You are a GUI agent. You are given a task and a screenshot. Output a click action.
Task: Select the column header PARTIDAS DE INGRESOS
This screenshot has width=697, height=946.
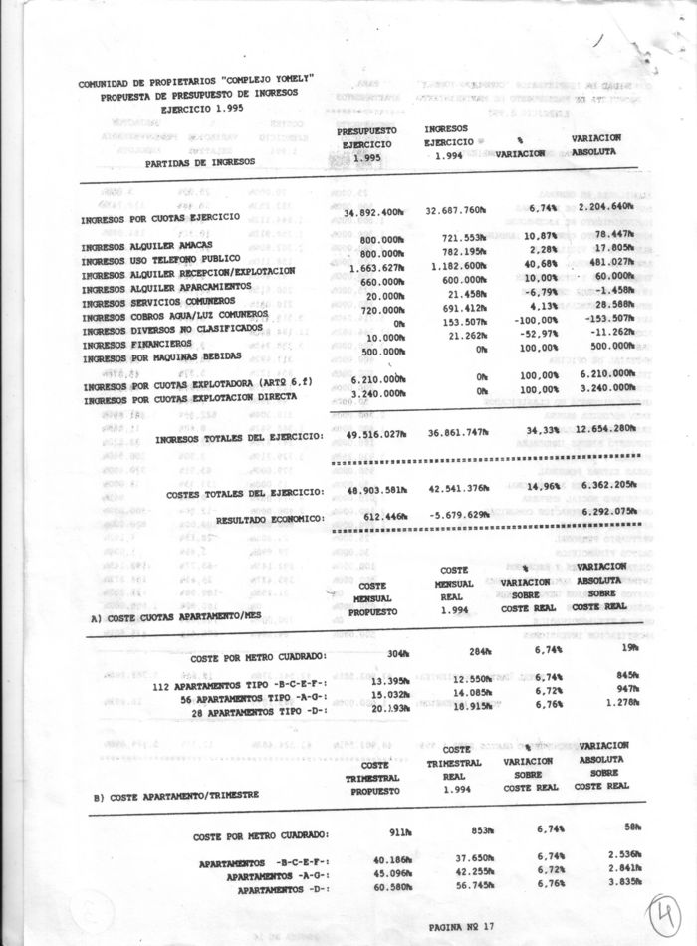(x=199, y=160)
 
